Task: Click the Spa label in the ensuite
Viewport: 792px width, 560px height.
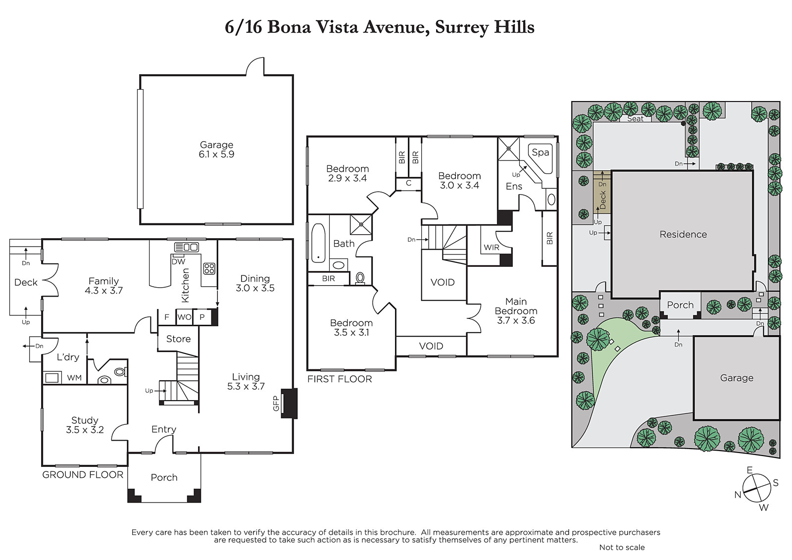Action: pos(540,153)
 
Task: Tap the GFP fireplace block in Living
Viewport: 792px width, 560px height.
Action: pos(289,403)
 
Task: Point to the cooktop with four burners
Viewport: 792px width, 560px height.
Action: pos(209,268)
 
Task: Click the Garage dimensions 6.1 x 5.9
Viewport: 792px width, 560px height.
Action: pos(216,154)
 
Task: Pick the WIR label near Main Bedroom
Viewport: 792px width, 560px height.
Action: pos(492,247)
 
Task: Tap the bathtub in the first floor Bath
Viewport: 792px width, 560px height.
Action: pos(318,243)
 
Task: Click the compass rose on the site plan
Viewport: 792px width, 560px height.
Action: pos(756,488)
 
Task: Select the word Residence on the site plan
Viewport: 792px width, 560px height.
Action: pos(683,234)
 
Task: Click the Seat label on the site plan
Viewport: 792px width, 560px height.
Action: pos(636,119)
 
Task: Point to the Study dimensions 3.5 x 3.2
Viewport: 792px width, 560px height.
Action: pos(85,430)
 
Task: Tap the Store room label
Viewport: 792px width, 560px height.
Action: pos(178,339)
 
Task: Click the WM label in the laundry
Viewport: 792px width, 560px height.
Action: pos(74,378)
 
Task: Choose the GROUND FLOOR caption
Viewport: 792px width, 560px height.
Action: pos(83,475)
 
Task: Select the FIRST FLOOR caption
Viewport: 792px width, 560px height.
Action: pos(340,379)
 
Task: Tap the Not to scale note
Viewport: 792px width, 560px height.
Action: pos(622,548)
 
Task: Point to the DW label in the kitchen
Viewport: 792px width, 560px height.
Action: pos(179,262)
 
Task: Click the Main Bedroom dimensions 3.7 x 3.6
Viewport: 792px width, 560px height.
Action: pos(516,320)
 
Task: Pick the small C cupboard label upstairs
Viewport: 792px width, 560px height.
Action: pos(408,183)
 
